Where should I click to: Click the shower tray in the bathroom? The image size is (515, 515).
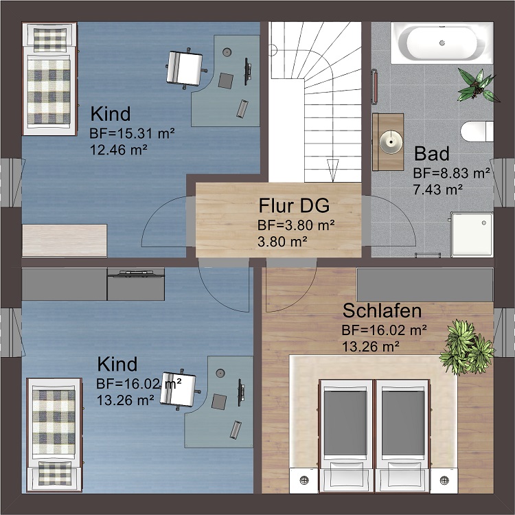[472, 233]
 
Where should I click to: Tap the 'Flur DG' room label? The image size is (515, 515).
[294, 205]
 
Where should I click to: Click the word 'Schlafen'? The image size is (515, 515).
[382, 311]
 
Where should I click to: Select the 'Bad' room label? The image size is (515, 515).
[431, 153]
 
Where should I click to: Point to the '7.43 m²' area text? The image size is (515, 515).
[437, 188]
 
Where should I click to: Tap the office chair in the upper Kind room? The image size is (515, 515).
[184, 67]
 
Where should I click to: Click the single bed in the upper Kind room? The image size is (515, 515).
[48, 79]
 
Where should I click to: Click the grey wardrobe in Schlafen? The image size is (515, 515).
[424, 284]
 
